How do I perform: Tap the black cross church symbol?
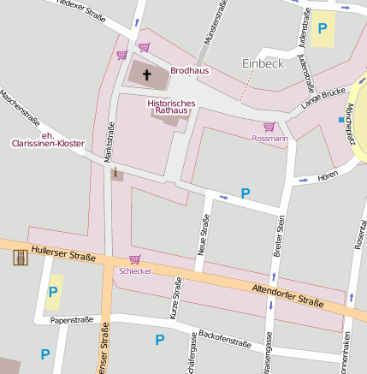146,75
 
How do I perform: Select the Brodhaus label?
190,70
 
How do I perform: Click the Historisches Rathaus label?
172,108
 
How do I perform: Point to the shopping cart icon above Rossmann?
269,127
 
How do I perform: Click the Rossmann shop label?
269,138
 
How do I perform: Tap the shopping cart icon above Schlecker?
134,259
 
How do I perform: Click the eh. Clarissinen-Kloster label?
52,140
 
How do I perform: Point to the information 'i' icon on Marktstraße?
115,173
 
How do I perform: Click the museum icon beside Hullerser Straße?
20,256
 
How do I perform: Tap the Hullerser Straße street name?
62,254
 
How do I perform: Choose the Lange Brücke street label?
322,98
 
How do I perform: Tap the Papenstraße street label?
72,320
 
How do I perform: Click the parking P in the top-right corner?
323,28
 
